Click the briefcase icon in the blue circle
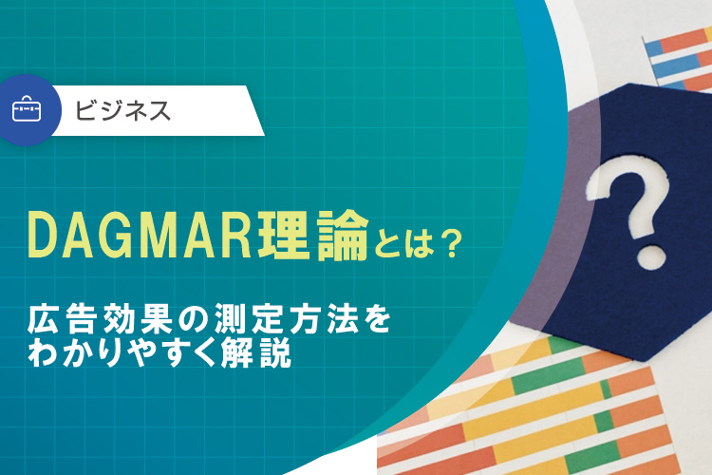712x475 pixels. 26,110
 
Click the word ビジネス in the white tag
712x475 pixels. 124,110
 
